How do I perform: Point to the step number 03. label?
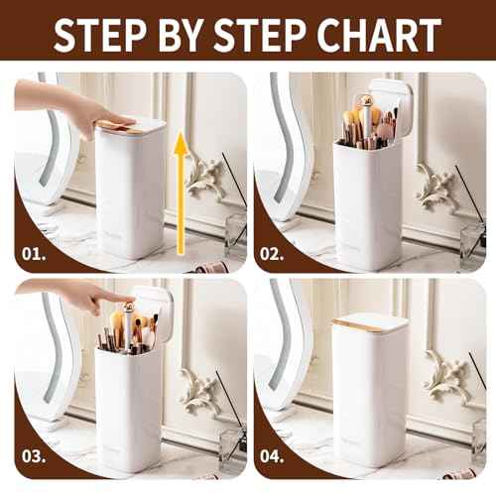click(35, 458)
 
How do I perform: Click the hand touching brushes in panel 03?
click(79, 293)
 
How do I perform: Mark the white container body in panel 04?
click(369, 397)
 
